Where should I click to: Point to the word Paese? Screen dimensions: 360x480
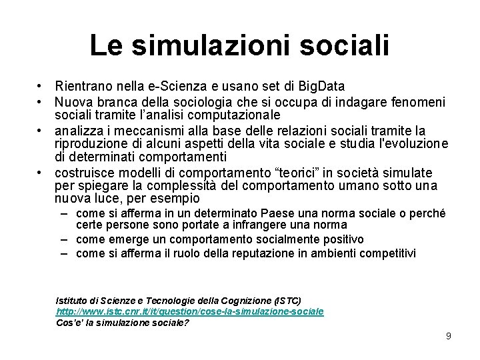(x=282, y=213)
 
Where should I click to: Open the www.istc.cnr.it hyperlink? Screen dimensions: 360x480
(x=190, y=311)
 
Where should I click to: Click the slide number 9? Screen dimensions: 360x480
(x=449, y=337)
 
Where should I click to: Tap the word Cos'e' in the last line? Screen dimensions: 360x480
(x=67, y=323)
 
